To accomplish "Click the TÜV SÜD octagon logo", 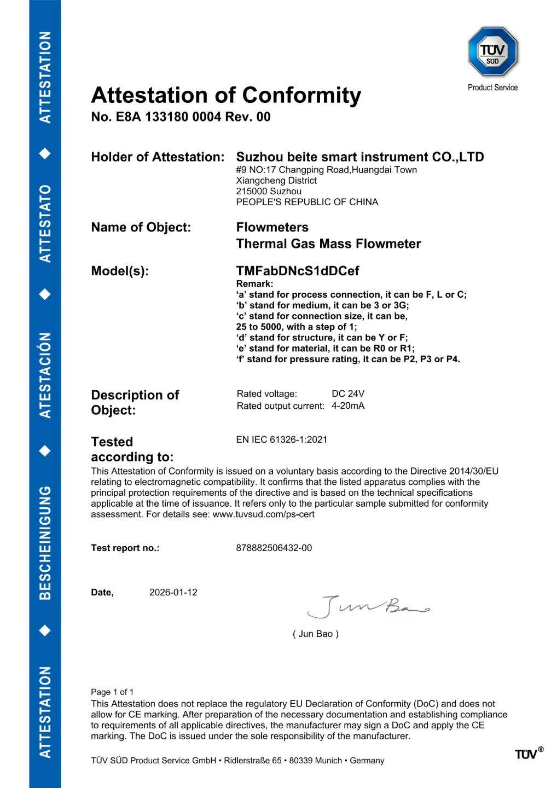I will pyautogui.click(x=492, y=52).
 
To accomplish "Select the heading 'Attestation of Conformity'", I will pyautogui.click(x=226, y=95).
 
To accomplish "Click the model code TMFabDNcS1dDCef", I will pyautogui.click(x=297, y=271).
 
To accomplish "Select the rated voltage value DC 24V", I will pyautogui.click(x=348, y=394).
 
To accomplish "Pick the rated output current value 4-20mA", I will pyautogui.click(x=348, y=406).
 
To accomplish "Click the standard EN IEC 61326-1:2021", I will pyautogui.click(x=282, y=439).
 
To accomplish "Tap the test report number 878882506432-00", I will pyautogui.click(x=274, y=548).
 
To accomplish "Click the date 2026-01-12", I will pyautogui.click(x=173, y=593).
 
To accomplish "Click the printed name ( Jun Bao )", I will pyautogui.click(x=316, y=634).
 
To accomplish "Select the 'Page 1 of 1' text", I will pyautogui.click(x=112, y=692).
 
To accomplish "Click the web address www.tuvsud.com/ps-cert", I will pyautogui.click(x=263, y=514).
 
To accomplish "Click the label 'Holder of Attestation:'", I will pyautogui.click(x=158, y=157).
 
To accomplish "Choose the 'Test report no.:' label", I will pyautogui.click(x=125, y=548).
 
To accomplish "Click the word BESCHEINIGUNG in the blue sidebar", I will pyautogui.click(x=45, y=542).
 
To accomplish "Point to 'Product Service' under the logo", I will pyautogui.click(x=492, y=88).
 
